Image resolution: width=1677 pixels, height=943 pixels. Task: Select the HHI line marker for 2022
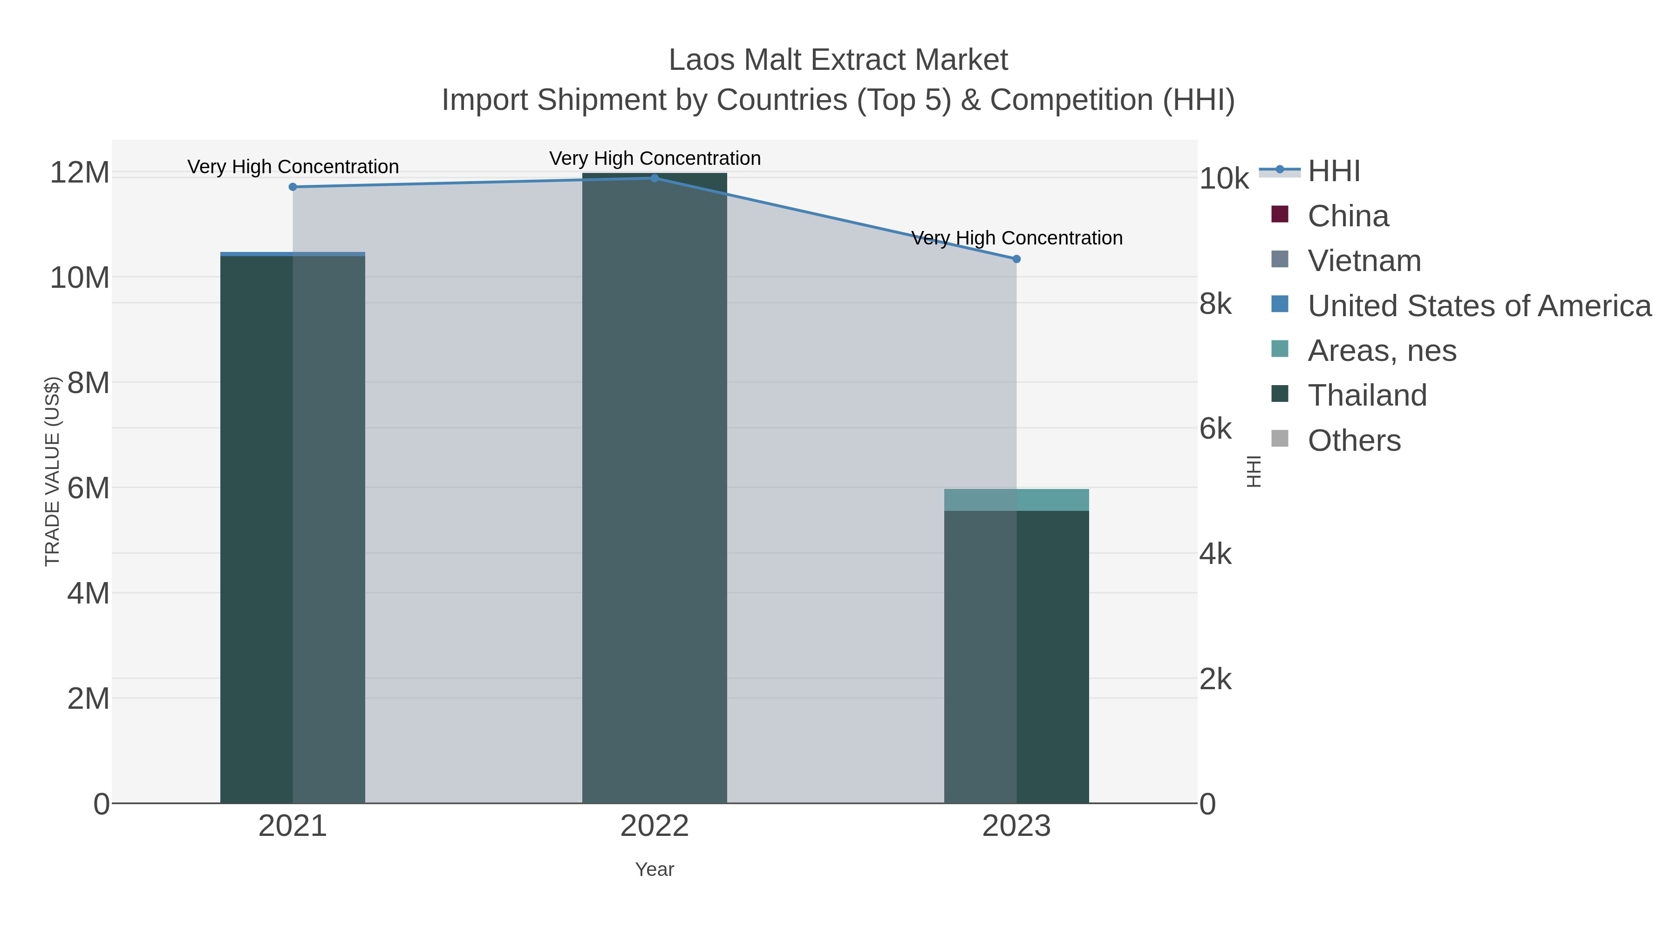(654, 178)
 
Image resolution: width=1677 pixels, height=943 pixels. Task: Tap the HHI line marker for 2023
(1016, 259)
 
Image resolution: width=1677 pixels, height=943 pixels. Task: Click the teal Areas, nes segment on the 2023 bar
(1016, 500)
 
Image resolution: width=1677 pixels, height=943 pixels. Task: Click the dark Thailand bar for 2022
(654, 488)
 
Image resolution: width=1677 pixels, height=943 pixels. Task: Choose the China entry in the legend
(1348, 216)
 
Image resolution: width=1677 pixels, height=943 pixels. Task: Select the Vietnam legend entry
(1364, 261)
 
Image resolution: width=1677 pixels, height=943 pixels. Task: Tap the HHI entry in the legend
(1333, 171)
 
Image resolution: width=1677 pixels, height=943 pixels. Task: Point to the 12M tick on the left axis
(79, 173)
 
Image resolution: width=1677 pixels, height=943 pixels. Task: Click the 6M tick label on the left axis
(88, 488)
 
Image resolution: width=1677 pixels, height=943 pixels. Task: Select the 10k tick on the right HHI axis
(1224, 179)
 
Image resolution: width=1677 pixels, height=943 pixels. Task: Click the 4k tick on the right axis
(1215, 555)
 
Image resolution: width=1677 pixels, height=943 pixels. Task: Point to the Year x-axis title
(654, 869)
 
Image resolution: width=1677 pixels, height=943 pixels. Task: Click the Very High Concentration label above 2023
(1016, 238)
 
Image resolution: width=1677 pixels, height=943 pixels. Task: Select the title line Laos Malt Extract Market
(838, 60)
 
